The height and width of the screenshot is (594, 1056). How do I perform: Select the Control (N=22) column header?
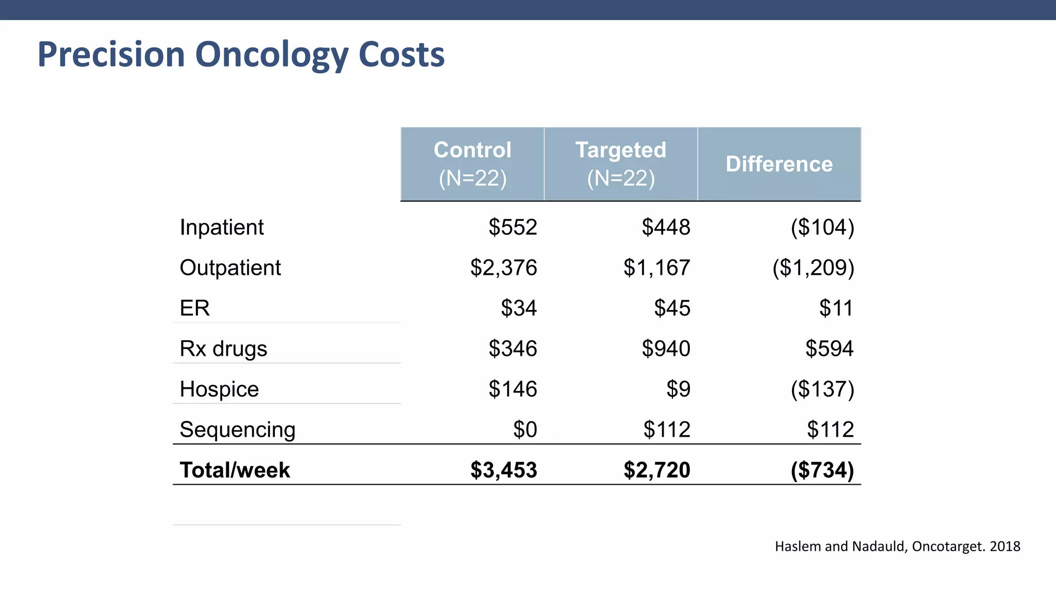pos(472,164)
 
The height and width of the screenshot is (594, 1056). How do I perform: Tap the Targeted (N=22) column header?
pos(621,164)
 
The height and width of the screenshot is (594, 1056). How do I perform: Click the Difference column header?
pos(779,164)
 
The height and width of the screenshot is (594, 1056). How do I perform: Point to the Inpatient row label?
pos(222,227)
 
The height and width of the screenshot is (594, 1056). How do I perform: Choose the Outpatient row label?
pos(230,268)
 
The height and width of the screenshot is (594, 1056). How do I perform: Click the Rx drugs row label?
pos(223,349)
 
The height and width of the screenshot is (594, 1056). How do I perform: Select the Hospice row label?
pos(219,389)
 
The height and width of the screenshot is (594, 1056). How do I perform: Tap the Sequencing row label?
pos(237,430)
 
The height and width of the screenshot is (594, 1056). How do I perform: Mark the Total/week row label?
pos(235,470)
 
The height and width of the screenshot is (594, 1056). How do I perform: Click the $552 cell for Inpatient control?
pos(513,227)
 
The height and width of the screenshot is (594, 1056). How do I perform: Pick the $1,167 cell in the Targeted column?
pos(656,268)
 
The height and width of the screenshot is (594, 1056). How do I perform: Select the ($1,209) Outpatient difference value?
pos(813,268)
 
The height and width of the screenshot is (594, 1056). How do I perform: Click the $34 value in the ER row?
pos(519,308)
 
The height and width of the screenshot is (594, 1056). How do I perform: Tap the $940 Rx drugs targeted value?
pos(666,349)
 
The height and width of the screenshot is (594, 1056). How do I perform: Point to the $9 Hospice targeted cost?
pos(678,389)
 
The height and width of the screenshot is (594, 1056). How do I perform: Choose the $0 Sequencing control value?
pos(525,430)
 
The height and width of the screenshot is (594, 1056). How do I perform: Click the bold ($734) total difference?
pos(822,470)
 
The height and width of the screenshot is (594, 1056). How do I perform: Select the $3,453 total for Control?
pos(503,470)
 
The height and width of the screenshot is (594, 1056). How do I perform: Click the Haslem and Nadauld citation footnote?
pos(897,547)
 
